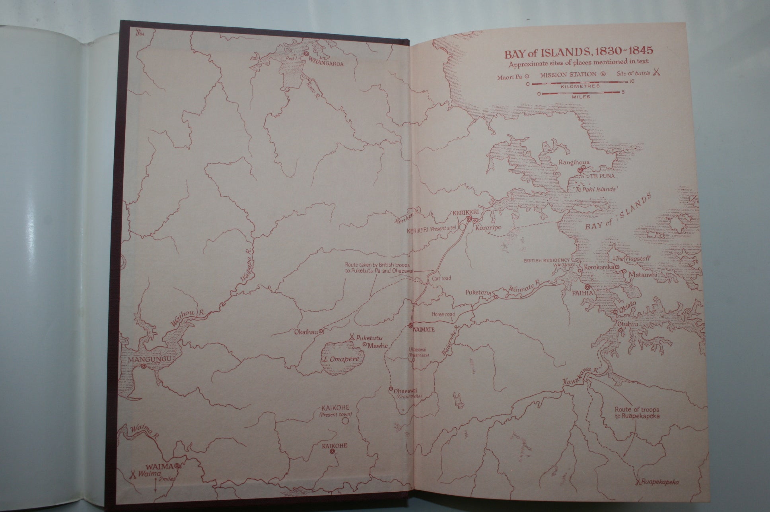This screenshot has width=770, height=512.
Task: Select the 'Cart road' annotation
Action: coord(441,278)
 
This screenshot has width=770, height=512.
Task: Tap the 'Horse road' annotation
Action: coord(443,314)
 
